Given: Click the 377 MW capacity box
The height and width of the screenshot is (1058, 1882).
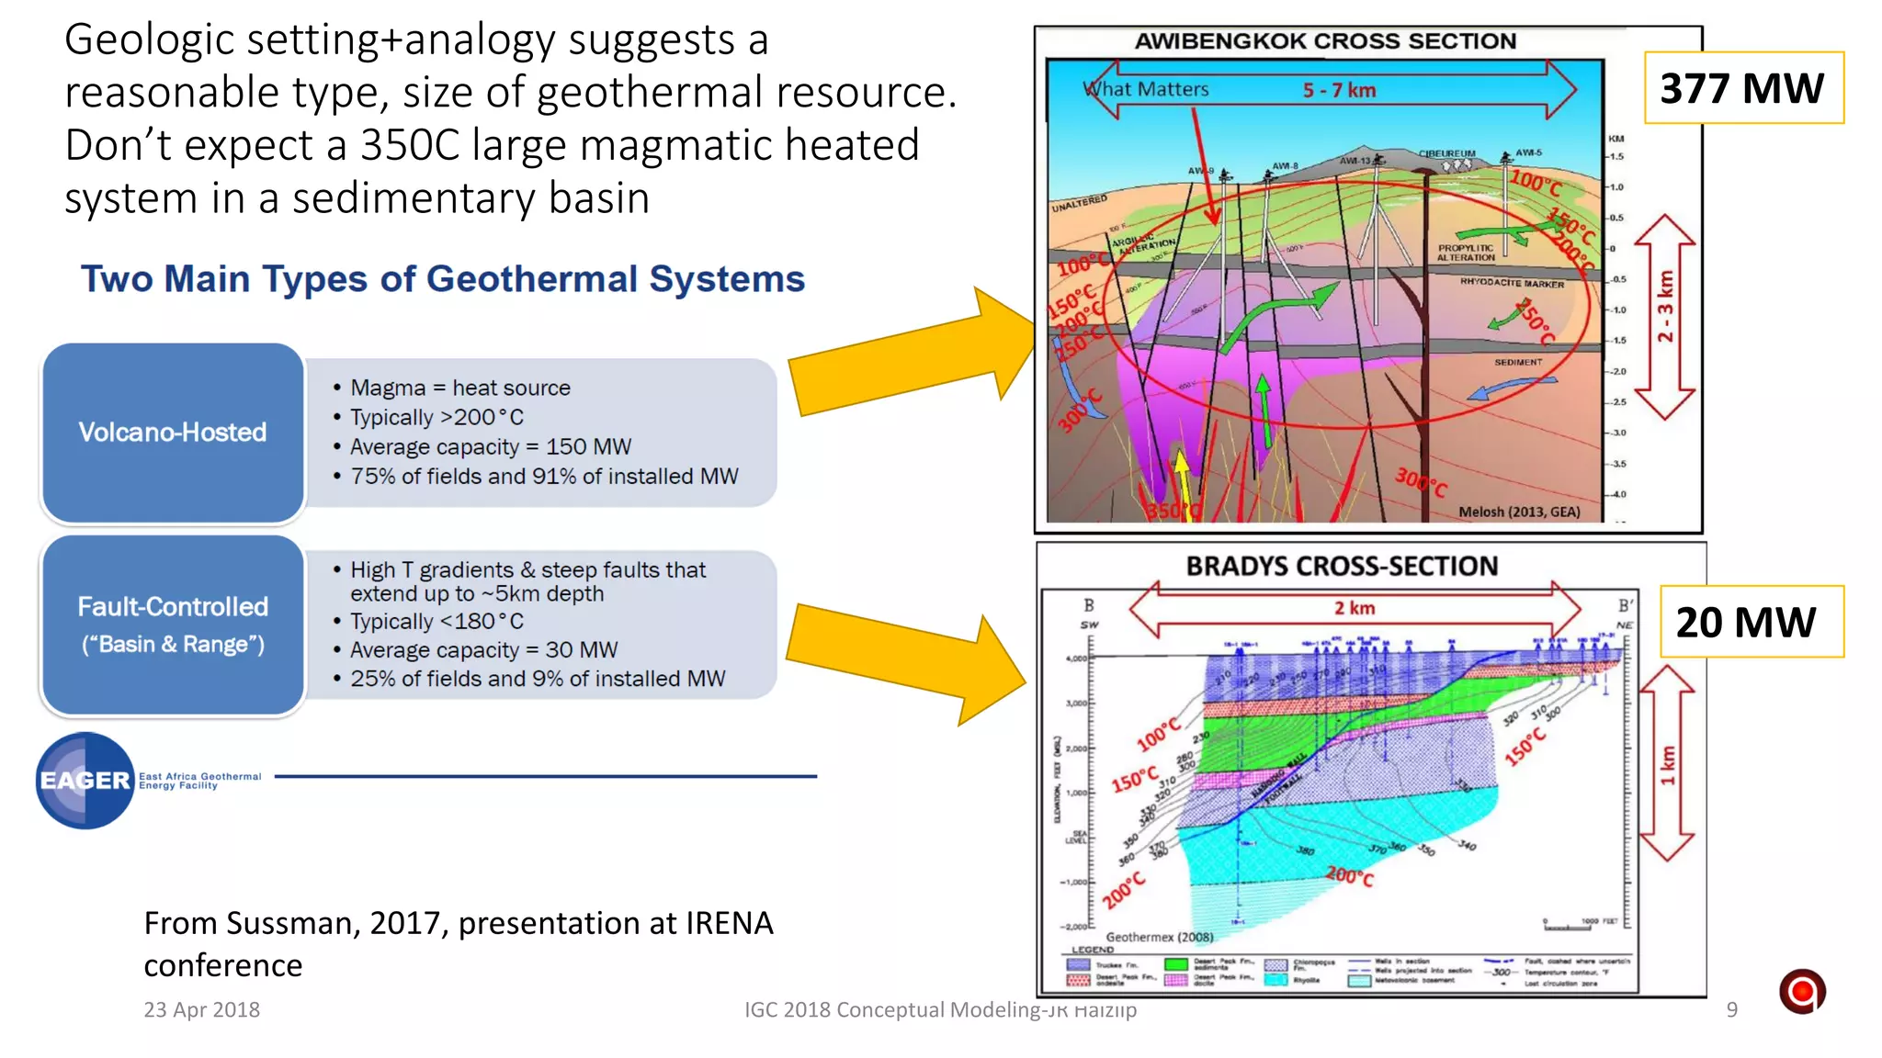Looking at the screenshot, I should tap(1742, 88).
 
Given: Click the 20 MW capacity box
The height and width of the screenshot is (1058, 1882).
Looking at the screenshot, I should tap(1750, 622).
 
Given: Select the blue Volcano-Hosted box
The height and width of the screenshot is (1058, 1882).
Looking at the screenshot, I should tap(173, 432).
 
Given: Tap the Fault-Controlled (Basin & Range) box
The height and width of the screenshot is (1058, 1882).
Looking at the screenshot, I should tap(173, 625).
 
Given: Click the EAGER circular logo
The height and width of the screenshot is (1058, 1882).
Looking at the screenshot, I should tap(85, 781).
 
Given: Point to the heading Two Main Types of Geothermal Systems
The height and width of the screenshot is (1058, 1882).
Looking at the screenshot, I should tap(442, 279).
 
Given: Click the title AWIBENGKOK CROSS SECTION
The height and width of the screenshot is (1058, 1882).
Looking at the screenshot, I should tap(1325, 41).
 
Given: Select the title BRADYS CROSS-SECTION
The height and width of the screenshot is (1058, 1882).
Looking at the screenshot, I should tap(1342, 566).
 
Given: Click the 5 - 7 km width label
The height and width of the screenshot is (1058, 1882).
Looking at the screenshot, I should tap(1339, 90).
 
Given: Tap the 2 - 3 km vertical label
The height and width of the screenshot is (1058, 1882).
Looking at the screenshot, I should tap(1665, 306).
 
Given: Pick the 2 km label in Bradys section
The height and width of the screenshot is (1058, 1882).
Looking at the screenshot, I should tap(1355, 608).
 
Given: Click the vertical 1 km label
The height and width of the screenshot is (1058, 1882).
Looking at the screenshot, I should tap(1668, 765).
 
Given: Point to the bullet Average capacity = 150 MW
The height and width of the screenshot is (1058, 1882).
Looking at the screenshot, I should tap(491, 447).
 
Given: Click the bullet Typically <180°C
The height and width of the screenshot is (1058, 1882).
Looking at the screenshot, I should tap(436, 622).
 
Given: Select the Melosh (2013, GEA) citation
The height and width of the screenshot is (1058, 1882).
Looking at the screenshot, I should tap(1519, 512).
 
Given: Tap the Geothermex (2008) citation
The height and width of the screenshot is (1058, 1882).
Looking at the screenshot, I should tap(1159, 937).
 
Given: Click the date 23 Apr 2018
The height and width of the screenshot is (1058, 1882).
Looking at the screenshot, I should tap(201, 1009).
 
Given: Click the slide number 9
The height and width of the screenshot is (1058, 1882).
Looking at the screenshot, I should tap(1731, 1009).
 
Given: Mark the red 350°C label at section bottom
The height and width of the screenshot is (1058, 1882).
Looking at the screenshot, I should tap(1172, 510).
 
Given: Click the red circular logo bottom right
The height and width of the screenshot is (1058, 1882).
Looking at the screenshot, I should tap(1801, 991).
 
